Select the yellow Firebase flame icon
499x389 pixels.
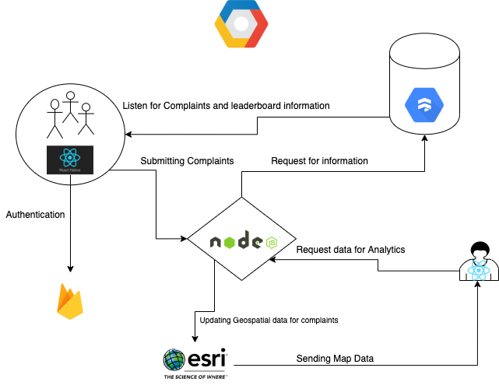click(x=70, y=301)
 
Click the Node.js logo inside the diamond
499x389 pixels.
click(x=242, y=242)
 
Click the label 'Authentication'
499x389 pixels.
click(x=35, y=214)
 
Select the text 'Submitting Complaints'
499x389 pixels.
click(x=187, y=161)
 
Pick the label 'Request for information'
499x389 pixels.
click(x=319, y=161)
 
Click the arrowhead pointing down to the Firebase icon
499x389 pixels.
click(x=70, y=269)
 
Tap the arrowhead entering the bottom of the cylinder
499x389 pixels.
click(x=424, y=138)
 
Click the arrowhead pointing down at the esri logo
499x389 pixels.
click(x=194, y=340)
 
